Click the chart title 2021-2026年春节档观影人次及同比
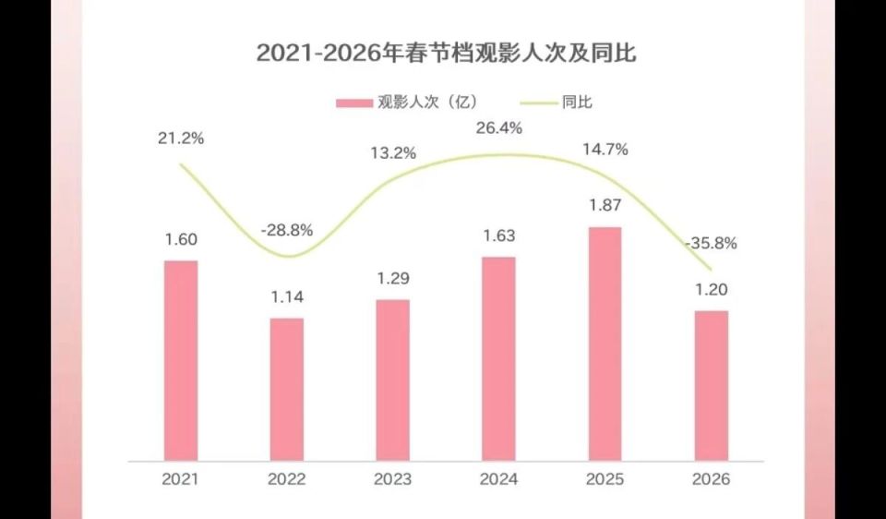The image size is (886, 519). [446, 53]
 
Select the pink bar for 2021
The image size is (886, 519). [181, 360]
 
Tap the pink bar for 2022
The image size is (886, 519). [286, 389]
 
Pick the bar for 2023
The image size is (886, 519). [392, 380]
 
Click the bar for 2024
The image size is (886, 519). [498, 358]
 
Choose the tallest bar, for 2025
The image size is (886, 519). [605, 344]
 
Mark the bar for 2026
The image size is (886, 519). [711, 385]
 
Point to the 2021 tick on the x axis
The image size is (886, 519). [181, 479]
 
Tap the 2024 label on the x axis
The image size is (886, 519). [498, 479]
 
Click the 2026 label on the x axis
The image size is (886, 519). [711, 479]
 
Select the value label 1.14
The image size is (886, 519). [286, 297]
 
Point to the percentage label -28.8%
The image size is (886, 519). [286, 228]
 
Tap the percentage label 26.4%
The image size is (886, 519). [498, 127]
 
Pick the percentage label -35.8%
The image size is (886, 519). [711, 245]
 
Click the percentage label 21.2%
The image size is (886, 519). [181, 139]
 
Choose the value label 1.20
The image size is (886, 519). [711, 289]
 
